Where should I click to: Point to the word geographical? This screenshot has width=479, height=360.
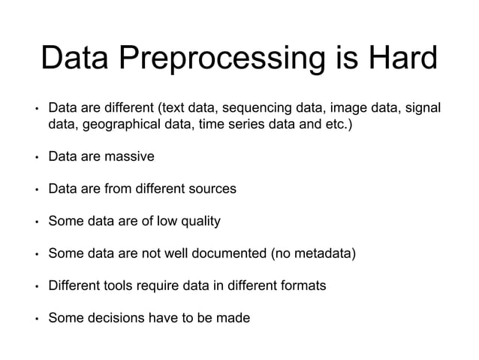pyautogui.click(x=120, y=124)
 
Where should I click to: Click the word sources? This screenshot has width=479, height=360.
pyautogui.click(x=212, y=189)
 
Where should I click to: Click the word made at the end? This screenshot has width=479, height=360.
pyautogui.click(x=234, y=318)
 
